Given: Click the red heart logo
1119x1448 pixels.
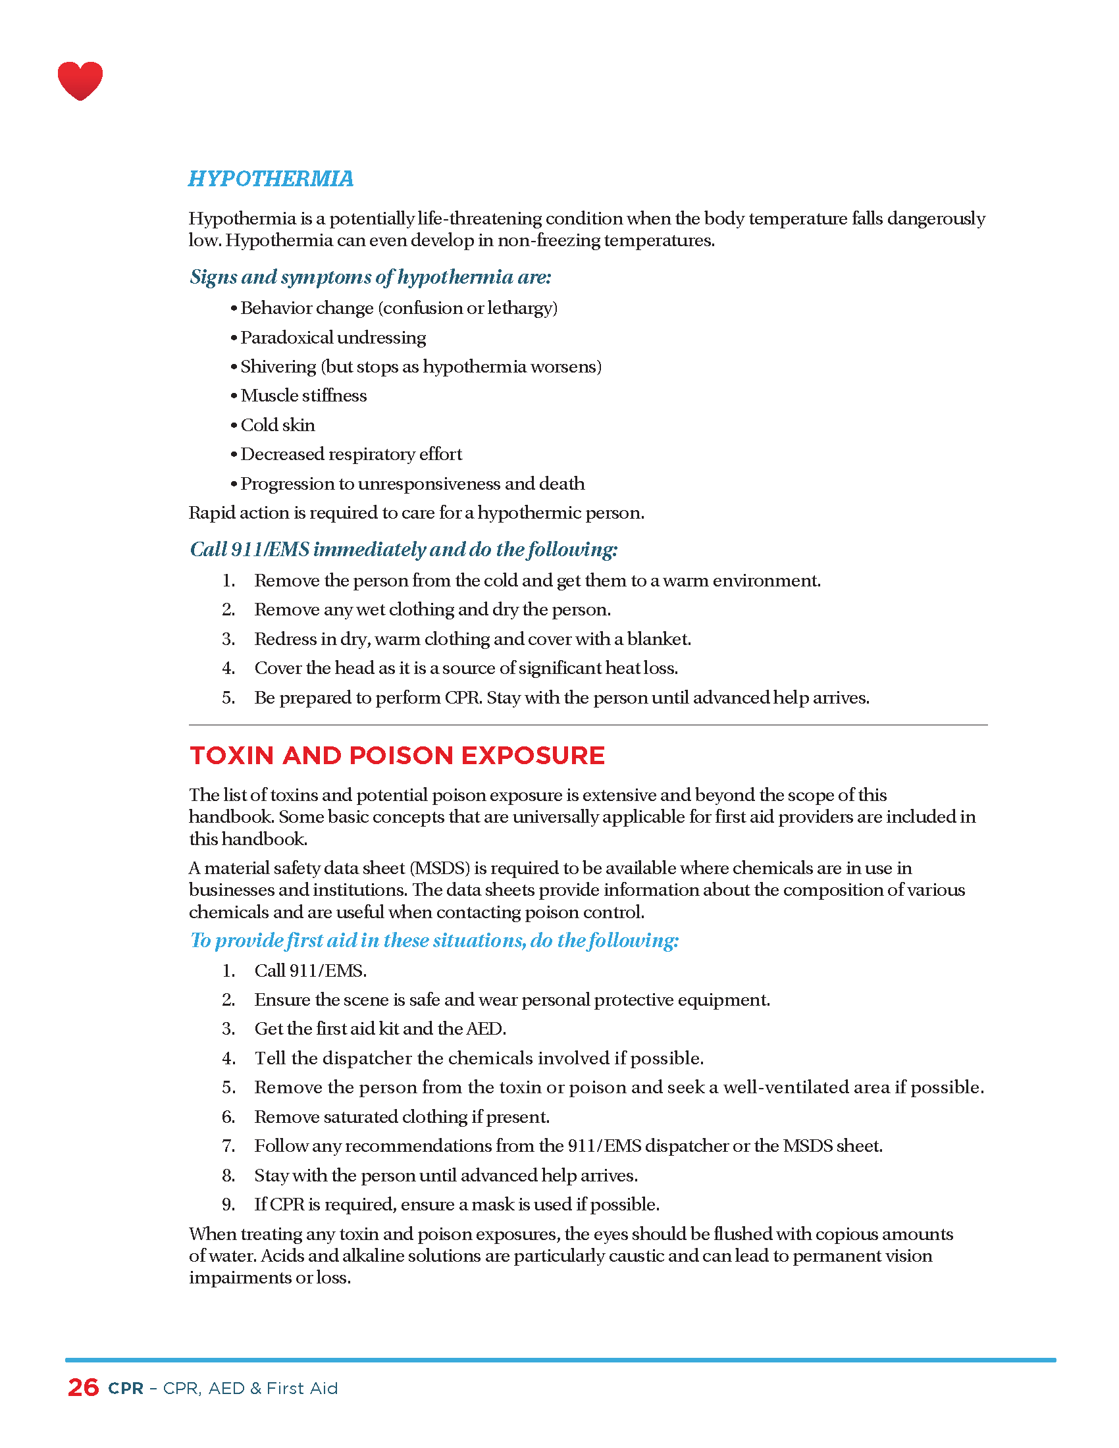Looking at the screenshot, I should click(80, 80).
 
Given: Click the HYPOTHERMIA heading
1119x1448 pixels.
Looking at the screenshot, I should click(271, 178).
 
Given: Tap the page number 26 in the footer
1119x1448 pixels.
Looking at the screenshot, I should click(84, 1387).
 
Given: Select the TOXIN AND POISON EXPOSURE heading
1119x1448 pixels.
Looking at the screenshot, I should click(397, 755).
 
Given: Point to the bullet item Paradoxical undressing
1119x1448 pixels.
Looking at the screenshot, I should click(333, 338).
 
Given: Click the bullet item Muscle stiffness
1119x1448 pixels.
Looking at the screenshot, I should click(303, 396).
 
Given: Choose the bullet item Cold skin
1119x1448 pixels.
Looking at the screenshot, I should click(277, 425).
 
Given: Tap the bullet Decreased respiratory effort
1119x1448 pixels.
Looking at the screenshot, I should click(351, 454).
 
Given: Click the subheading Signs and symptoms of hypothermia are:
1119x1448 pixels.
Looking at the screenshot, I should click(370, 276).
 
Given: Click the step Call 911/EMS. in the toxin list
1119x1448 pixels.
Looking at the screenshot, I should click(310, 971).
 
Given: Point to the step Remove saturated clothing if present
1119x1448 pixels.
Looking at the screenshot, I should click(402, 1116).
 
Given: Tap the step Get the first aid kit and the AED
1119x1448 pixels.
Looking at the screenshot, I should click(380, 1028).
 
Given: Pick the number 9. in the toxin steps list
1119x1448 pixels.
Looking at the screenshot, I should click(228, 1204).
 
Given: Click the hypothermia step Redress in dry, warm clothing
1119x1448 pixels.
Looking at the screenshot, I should click(472, 639).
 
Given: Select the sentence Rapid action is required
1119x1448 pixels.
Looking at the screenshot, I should click(416, 513).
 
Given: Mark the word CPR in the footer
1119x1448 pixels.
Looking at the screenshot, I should click(126, 1388).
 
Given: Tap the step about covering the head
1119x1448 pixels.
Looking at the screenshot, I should click(465, 668).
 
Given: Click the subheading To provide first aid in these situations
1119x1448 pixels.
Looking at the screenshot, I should click(434, 940).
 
